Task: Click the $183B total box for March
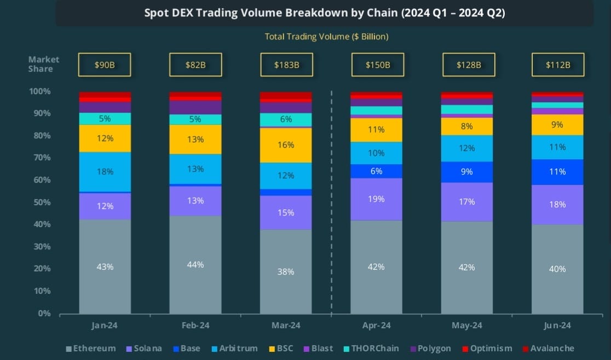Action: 286,65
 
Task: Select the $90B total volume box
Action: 105,65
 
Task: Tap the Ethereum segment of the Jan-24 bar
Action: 105,266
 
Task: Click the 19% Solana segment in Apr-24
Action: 376,199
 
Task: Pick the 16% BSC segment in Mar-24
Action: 286,145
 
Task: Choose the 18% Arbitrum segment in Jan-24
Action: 105,172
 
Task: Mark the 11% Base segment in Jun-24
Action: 558,172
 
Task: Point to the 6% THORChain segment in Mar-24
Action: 286,119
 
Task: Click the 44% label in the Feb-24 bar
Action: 195,265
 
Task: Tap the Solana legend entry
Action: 145,349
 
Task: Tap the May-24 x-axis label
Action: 467,326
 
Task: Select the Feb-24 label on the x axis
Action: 195,326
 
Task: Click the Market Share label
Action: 44,64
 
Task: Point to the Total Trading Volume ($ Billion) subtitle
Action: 326,37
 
